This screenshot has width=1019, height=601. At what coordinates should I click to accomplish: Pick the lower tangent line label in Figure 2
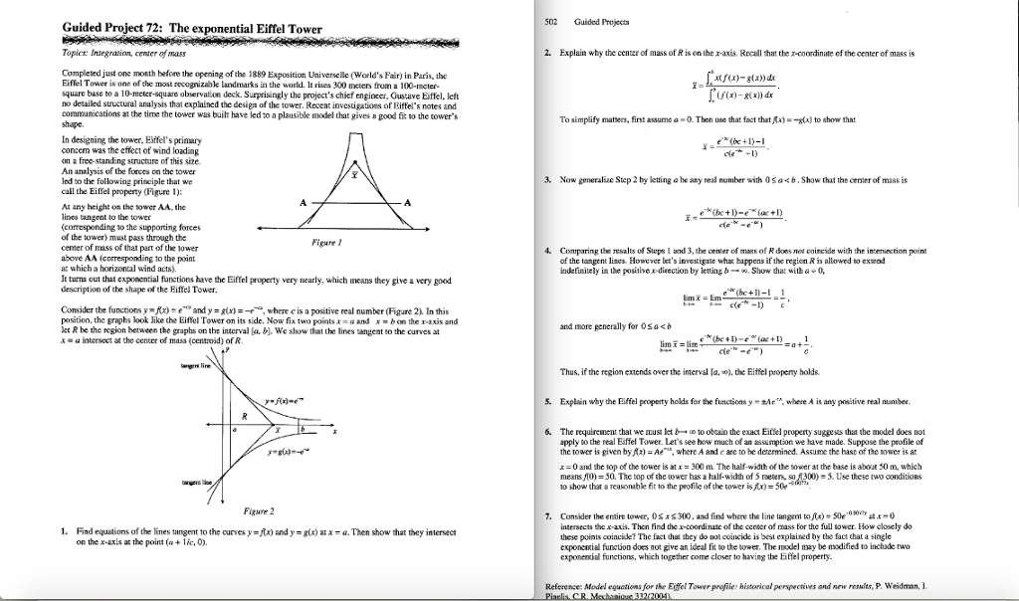192,481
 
